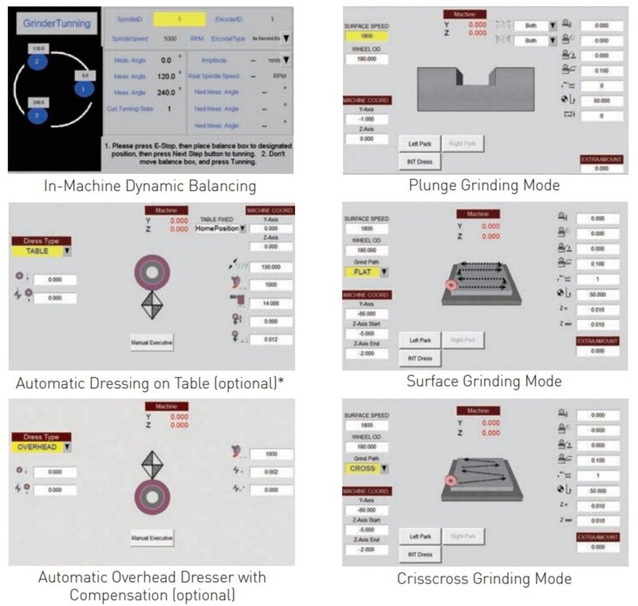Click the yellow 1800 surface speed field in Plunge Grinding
tap(366, 35)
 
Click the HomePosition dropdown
tap(217, 228)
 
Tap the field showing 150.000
tap(269, 267)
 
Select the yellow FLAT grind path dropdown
tap(367, 271)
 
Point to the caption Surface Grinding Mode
tap(484, 381)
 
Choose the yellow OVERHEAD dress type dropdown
tap(41, 447)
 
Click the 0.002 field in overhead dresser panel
tap(269, 473)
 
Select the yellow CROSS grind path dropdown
tap(367, 468)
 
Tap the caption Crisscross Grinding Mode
tap(484, 578)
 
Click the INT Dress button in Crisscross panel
tap(419, 554)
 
